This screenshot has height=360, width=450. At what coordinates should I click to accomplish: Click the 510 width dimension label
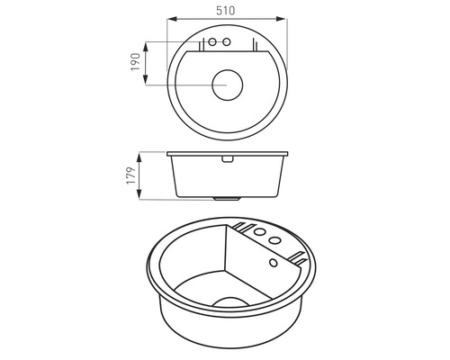coord(226,11)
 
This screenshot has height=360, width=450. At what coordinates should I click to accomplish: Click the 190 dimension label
coord(136,62)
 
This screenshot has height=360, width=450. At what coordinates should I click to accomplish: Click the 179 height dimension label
coord(131,175)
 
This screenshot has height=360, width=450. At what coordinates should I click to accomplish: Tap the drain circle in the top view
coord(227,85)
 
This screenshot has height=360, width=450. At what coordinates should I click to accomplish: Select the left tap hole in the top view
coord(212,41)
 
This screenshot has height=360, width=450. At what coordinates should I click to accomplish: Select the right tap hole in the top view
coord(227,41)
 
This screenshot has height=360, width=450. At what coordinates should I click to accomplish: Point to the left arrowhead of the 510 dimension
coord(172,19)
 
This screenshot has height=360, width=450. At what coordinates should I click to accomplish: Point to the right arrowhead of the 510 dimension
coord(280,19)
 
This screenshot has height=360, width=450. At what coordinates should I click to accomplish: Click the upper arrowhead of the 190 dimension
coord(146,47)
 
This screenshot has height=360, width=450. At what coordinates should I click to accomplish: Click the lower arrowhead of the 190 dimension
coord(146,80)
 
